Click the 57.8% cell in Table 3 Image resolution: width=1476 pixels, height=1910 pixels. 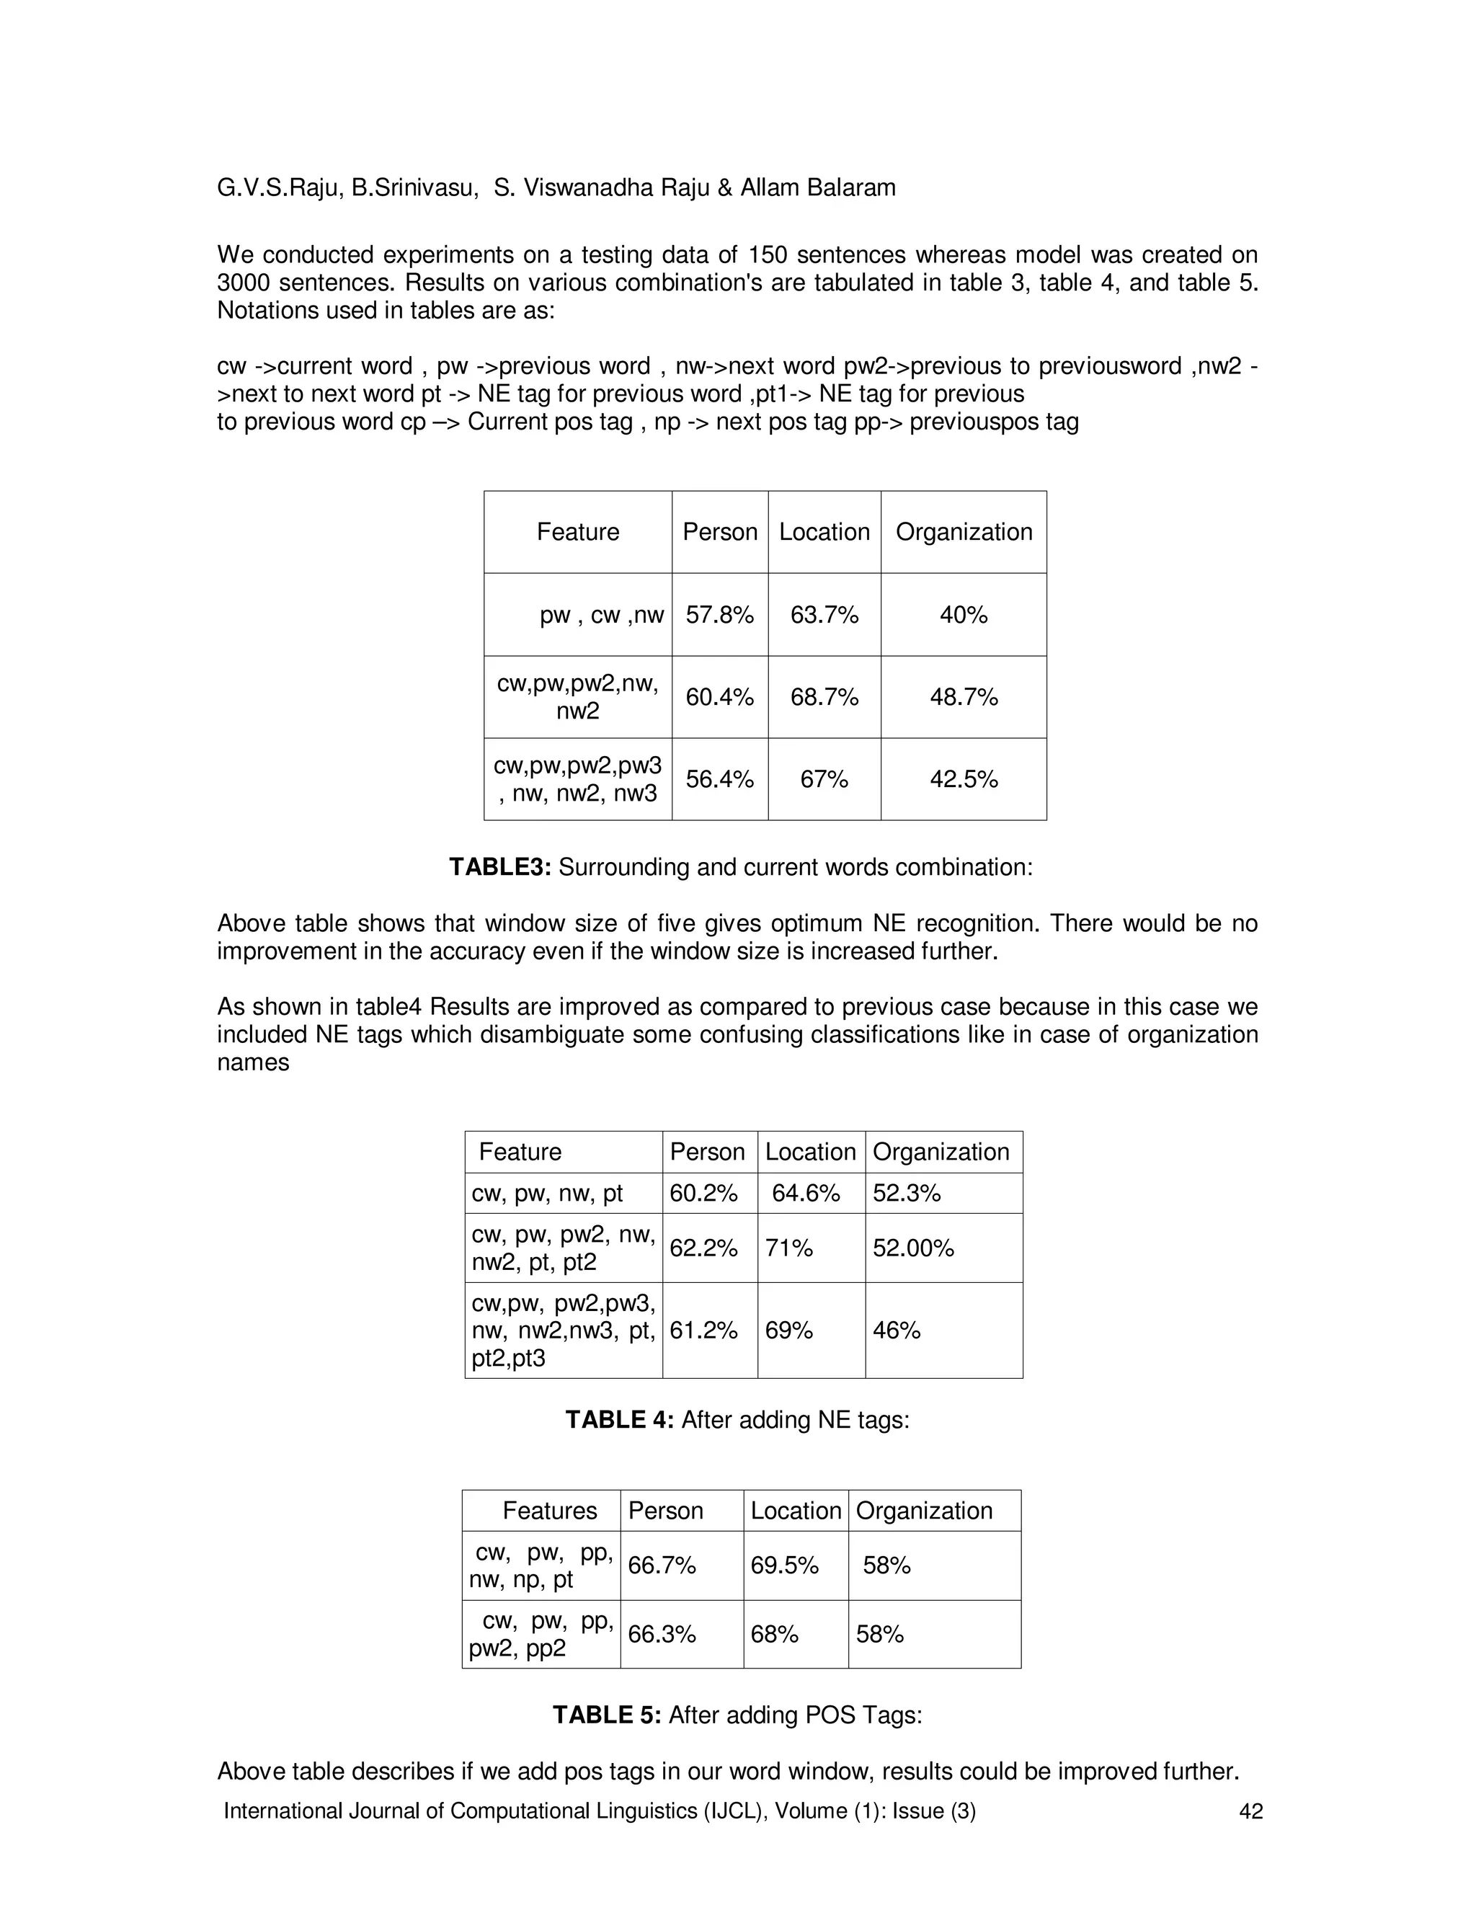[719, 615]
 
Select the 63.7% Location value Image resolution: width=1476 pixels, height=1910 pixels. [824, 615]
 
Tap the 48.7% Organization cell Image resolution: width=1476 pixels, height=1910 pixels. [964, 697]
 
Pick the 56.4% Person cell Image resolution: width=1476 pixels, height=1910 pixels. [719, 779]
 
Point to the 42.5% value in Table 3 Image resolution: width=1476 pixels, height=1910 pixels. [964, 779]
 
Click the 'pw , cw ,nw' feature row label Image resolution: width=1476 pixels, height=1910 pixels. [602, 615]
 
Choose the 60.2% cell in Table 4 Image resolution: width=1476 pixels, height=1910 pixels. [703, 1193]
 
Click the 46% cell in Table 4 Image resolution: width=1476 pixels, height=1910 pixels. [897, 1331]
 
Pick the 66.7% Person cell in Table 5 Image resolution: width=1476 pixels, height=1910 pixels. [661, 1565]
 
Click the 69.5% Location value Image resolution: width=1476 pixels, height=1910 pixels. [784, 1565]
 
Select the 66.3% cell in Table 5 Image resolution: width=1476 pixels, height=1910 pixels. [661, 1635]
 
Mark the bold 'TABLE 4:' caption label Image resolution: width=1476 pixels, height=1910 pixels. [619, 1419]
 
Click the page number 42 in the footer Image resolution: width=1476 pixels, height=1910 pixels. [1251, 1811]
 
